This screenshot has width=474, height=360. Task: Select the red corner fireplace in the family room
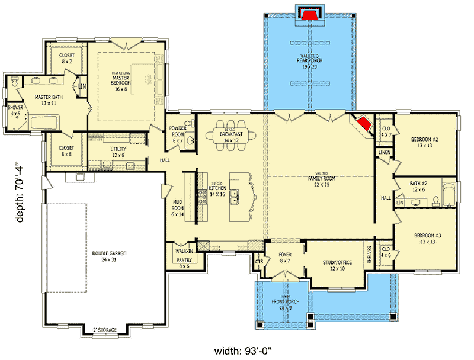[364, 124]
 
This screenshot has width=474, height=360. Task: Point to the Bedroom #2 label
[424, 143]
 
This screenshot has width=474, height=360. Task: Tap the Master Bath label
[49, 100]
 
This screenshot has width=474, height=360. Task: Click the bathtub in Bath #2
[448, 194]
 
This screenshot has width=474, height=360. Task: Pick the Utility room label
[118, 152]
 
